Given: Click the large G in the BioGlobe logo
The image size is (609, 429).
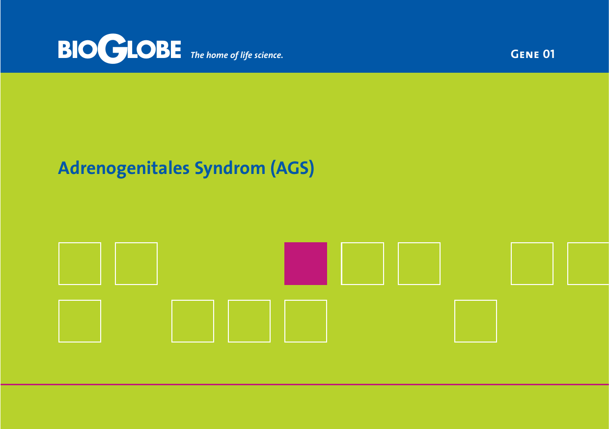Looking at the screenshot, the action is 112,49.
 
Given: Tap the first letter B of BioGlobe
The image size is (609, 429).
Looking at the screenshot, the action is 65,49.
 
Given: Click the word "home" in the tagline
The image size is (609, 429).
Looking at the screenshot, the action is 217,55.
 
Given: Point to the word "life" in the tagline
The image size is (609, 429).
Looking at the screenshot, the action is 246,55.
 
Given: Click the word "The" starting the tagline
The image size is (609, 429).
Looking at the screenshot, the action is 197,55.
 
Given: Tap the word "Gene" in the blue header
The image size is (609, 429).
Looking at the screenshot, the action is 525,54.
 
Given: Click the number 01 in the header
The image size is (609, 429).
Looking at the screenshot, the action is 549,54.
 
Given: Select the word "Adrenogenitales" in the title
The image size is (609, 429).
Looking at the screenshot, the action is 124,169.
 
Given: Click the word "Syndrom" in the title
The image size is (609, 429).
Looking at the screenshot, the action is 230,169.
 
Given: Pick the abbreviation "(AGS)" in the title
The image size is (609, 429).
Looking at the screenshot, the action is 293,169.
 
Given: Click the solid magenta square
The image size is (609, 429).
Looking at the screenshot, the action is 305,263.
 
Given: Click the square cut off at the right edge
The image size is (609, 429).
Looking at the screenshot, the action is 568,263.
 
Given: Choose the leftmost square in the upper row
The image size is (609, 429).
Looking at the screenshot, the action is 59,263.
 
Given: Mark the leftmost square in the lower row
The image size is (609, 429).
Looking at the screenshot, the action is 59,321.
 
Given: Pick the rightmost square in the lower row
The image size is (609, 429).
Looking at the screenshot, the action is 455,321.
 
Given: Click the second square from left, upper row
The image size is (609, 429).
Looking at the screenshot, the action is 115,263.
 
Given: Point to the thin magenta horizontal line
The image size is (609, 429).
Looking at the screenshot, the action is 304,384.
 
